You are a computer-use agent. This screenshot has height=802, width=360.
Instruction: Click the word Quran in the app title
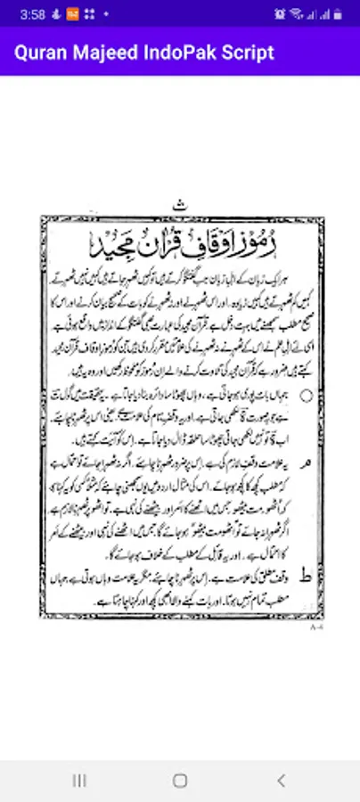click(38, 52)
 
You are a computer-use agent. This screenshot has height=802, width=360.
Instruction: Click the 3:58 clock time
click(32, 14)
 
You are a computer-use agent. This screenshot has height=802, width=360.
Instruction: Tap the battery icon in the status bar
click(339, 14)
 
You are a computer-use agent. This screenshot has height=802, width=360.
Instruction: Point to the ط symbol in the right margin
click(307, 577)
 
